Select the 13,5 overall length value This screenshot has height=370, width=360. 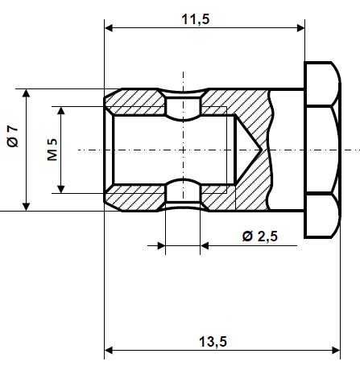(212, 341)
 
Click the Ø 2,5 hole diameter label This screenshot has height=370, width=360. (259, 236)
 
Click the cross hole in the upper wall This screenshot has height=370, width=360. (184, 107)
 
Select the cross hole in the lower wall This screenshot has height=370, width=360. (184, 193)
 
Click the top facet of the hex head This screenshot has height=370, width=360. (322, 84)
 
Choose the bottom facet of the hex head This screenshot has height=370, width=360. (322, 216)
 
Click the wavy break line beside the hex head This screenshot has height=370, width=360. (275, 150)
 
